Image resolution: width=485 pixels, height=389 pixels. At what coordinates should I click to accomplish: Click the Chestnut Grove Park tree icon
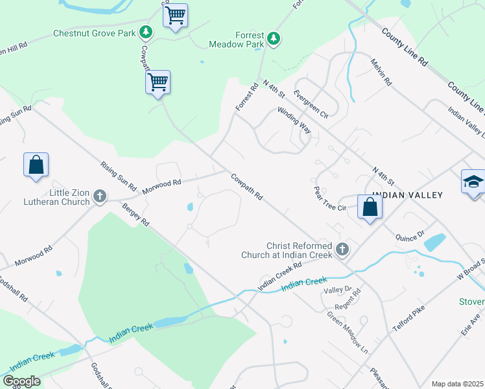pos(147,31)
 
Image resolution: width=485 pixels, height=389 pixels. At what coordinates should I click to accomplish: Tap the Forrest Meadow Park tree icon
pos(274,39)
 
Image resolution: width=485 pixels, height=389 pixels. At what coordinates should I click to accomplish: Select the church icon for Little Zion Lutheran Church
pos(99,195)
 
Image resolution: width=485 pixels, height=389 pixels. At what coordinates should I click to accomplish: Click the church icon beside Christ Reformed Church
pos(342,248)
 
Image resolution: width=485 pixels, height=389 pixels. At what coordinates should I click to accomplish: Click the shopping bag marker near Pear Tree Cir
pos(370,207)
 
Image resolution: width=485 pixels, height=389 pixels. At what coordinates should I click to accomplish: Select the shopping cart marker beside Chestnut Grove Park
pos(175,15)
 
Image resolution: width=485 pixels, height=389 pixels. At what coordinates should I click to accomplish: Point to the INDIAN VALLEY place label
pos(412,194)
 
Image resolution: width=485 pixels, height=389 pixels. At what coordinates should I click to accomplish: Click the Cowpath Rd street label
pos(246,186)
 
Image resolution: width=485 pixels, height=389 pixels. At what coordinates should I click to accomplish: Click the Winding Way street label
pos(294,120)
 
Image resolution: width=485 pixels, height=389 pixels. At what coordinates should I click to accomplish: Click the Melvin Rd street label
pos(381,72)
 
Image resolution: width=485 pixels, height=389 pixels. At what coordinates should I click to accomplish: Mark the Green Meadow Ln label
pos(347,333)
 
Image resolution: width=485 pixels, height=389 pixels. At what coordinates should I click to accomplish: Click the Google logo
pos(21,381)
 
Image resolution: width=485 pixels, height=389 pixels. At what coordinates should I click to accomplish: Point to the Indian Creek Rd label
pos(280,275)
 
